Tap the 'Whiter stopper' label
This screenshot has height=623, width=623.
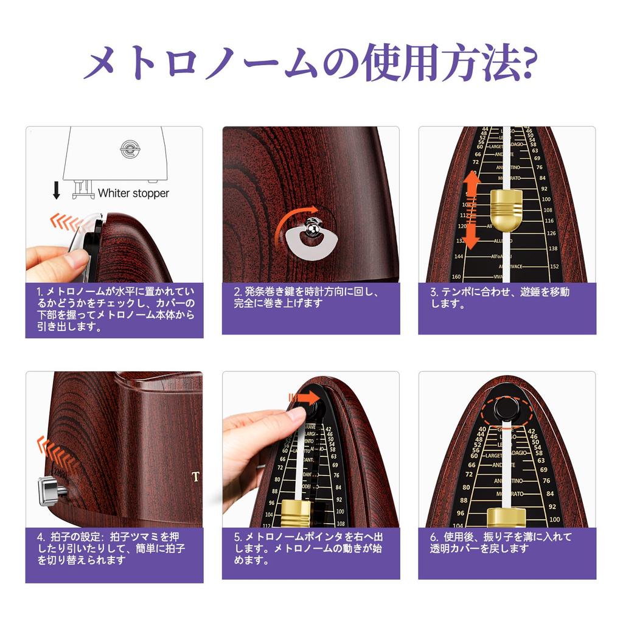click(x=133, y=193)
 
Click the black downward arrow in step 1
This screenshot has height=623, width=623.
click(x=57, y=191)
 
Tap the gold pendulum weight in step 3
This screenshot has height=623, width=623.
click(x=506, y=210)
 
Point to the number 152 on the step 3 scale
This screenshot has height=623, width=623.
click(x=554, y=266)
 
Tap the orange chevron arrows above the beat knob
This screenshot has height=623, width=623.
click(x=56, y=454)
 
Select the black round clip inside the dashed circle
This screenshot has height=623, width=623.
click(x=506, y=407)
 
